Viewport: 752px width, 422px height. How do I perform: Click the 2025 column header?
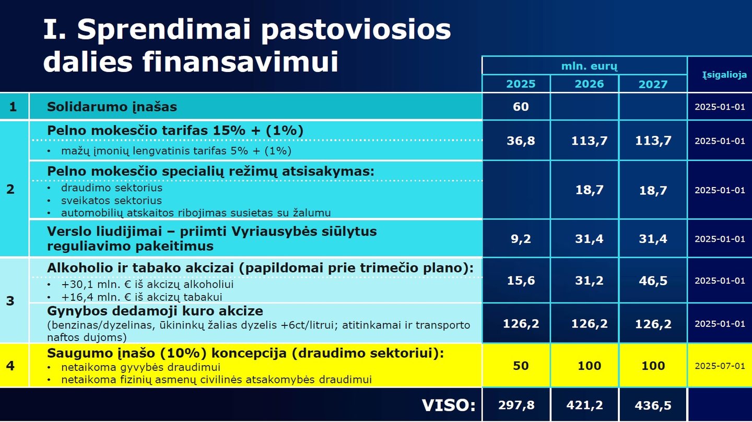(521, 84)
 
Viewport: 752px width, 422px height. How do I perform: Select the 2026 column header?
(589, 84)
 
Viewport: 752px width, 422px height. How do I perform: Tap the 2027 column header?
(653, 84)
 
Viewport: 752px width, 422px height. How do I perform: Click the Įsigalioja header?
(724, 75)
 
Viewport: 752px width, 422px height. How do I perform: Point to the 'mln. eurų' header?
(589, 66)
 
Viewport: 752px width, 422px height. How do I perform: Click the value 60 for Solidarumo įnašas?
(521, 107)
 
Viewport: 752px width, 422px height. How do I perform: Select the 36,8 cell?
(521, 140)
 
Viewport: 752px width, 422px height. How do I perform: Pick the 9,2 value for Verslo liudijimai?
(521, 239)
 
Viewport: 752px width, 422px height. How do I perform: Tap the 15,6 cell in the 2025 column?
(521, 280)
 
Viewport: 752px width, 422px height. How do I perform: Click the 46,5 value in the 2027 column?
(653, 280)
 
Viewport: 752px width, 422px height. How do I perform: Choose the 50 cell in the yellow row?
(521, 366)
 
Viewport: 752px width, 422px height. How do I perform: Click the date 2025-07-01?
(720, 366)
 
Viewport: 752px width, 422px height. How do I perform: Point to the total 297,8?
(516, 405)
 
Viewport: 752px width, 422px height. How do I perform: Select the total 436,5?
(653, 406)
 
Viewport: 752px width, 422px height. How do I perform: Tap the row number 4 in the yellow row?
(10, 366)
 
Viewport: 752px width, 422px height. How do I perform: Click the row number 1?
(13, 107)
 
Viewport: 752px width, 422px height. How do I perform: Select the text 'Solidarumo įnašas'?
(112, 107)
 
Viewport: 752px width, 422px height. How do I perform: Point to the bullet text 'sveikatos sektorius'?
(111, 201)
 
